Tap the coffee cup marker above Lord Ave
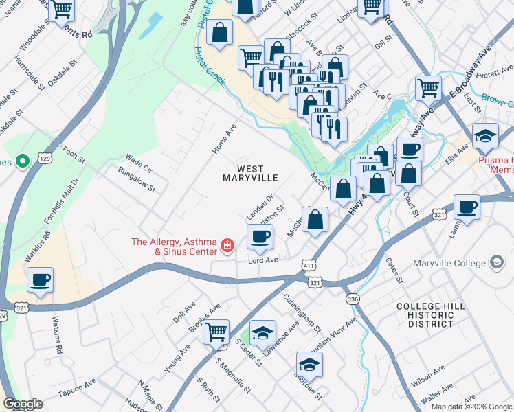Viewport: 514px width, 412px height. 260,238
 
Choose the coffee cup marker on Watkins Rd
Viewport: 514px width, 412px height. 40,280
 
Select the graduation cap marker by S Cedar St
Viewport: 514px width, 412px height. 262,334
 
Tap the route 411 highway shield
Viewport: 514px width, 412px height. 309,266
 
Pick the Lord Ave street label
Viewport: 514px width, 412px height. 263,260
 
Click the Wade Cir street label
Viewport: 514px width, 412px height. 139,163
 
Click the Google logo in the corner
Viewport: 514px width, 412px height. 23,404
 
